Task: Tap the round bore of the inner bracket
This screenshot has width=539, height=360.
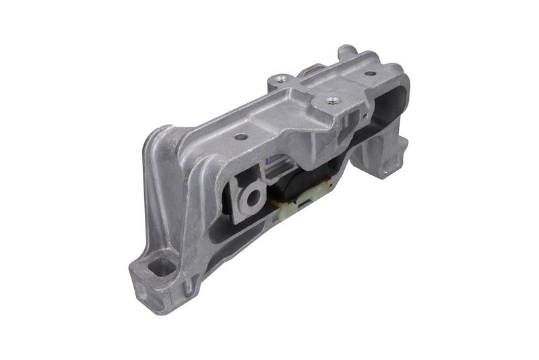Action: (x=254, y=198)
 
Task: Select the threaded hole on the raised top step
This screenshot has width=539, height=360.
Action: (x=331, y=102)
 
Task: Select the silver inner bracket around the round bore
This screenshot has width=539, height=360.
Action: (x=243, y=192)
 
